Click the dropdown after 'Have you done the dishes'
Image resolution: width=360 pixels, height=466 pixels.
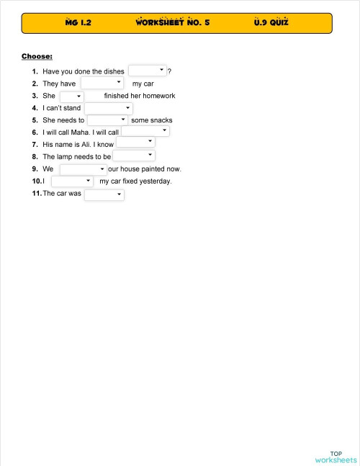click(x=148, y=71)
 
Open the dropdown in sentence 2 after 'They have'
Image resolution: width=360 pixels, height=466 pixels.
click(x=102, y=83)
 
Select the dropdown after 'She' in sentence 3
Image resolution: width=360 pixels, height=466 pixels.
click(x=71, y=96)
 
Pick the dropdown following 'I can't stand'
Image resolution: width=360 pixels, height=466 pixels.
click(x=108, y=108)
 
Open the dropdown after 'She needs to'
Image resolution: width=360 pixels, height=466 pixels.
click(x=107, y=120)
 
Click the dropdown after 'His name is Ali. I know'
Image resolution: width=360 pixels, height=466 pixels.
click(x=135, y=144)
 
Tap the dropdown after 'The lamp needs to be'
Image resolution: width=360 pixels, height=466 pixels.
click(x=134, y=156)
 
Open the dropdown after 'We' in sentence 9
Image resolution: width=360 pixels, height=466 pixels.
click(x=83, y=169)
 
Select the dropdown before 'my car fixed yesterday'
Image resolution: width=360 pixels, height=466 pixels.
click(x=72, y=181)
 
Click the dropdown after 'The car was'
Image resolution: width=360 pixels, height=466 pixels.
click(x=104, y=194)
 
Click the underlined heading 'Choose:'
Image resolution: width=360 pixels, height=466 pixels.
click(x=37, y=55)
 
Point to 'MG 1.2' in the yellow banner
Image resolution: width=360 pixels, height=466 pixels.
click(x=78, y=22)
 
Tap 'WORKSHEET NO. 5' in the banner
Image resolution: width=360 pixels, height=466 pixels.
click(x=173, y=22)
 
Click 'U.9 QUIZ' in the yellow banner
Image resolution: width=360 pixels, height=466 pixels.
click(x=271, y=22)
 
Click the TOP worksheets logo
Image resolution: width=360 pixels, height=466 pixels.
click(x=336, y=457)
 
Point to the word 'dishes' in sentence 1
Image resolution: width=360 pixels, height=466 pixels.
click(x=114, y=71)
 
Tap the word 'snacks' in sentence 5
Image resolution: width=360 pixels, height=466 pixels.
click(x=161, y=120)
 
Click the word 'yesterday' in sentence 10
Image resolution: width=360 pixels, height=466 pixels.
click(x=155, y=182)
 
